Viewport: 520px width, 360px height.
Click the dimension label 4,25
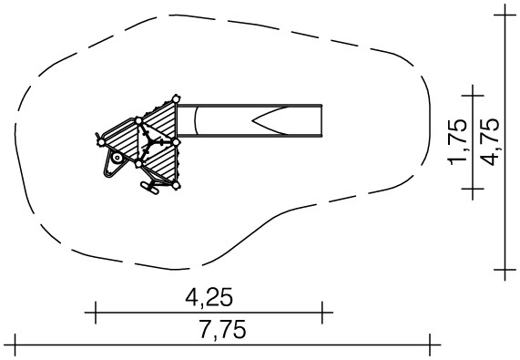[x=209, y=297]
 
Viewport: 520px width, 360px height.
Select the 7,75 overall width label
[x=222, y=329]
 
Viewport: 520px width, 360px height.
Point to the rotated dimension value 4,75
[x=489, y=142]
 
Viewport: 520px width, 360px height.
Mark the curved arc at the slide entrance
[x=196, y=120]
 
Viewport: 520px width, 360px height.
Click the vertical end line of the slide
[x=321, y=120]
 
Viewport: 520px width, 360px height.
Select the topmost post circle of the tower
[x=176, y=98]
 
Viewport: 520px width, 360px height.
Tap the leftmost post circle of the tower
[x=101, y=142]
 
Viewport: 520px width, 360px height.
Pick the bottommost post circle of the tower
[x=176, y=186]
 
